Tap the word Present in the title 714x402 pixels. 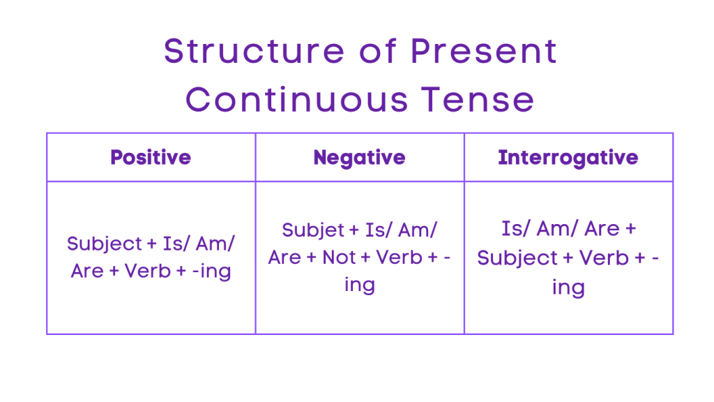pos(484,51)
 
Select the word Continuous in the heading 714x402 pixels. pos(296,100)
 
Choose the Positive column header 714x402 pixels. pos(151,157)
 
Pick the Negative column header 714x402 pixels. pos(360,157)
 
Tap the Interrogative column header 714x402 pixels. pos(568,157)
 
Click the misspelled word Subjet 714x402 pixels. pos(314,230)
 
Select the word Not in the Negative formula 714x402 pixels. pos(340,258)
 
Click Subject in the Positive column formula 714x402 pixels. pos(104,244)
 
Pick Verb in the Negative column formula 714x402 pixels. pos(400,258)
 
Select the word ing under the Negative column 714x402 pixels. pos(360,285)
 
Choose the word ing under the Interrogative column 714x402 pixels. pos(568,287)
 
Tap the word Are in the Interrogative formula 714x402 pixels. pos(602,230)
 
